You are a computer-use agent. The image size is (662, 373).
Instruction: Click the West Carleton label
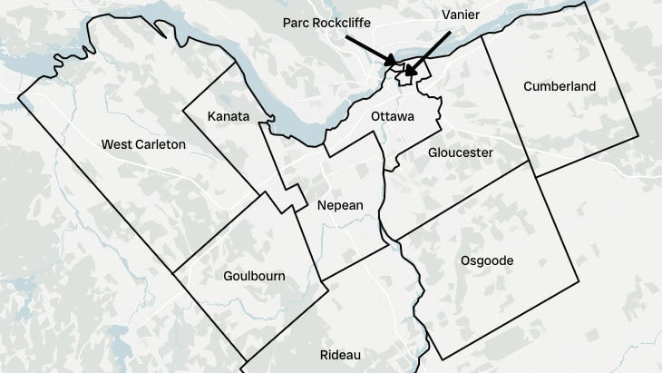coord(143,144)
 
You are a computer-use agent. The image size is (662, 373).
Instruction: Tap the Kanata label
coord(229,116)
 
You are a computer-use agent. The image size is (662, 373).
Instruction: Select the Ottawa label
coord(392,117)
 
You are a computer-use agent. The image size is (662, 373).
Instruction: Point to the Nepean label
coord(340,205)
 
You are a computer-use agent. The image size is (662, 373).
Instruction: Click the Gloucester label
coord(461,152)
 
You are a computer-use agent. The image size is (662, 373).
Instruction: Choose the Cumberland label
coord(560,86)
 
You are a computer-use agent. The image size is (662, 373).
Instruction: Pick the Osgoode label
coord(487,260)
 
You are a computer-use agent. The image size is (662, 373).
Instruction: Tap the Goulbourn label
coord(253,276)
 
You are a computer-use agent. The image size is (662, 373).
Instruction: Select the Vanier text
coord(461,15)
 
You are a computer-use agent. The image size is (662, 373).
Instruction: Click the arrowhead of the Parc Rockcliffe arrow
coord(394,63)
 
